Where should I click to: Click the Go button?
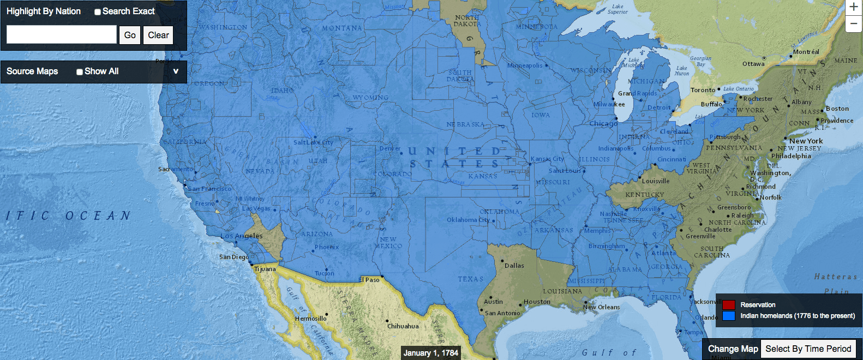pyautogui.click(x=130, y=35)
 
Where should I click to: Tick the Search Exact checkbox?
pyautogui.click(x=98, y=12)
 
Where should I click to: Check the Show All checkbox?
pyautogui.click(x=80, y=72)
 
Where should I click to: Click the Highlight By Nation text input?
pyautogui.click(x=62, y=35)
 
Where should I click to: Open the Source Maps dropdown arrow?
pyautogui.click(x=176, y=71)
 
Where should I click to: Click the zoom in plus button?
pyautogui.click(x=854, y=7)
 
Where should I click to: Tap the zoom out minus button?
pyautogui.click(x=854, y=23)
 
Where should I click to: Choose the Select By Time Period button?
pyautogui.click(x=808, y=349)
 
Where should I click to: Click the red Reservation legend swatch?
pyautogui.click(x=729, y=305)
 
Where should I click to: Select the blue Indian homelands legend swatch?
pyautogui.click(x=729, y=316)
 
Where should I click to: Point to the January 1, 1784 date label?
pyautogui.click(x=430, y=353)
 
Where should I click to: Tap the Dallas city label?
pyautogui.click(x=514, y=266)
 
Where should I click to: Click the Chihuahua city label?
pyautogui.click(x=403, y=326)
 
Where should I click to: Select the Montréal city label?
pyautogui.click(x=806, y=52)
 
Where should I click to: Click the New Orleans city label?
pyautogui.click(x=601, y=307)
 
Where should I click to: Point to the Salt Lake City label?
pyautogui.click(x=313, y=142)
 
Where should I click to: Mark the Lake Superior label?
pyautogui.click(x=618, y=9)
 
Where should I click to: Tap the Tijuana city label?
pyautogui.click(x=265, y=269)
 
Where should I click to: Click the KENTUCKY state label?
pyautogui.click(x=644, y=195)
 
